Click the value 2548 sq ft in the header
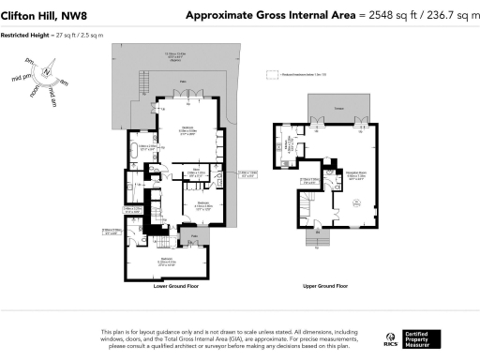tap(396, 15)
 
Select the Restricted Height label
tap(25, 37)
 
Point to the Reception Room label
tap(357, 173)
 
